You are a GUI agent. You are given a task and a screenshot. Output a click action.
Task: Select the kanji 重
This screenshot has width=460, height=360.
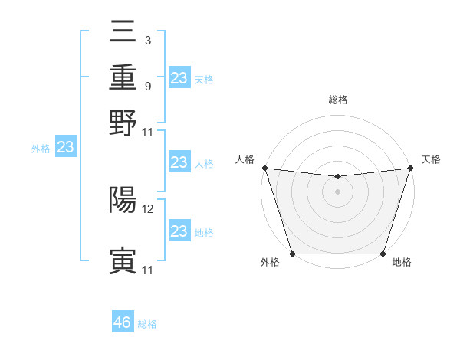[x=123, y=77]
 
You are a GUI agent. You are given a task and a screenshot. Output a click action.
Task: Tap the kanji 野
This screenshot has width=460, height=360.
[x=123, y=122]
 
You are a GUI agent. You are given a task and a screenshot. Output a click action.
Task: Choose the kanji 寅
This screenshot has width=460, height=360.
[x=123, y=261]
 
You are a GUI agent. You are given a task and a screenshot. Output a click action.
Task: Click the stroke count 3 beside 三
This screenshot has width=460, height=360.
[x=147, y=41]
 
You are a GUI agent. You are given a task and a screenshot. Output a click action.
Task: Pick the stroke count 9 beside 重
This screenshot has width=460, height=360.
[x=147, y=86]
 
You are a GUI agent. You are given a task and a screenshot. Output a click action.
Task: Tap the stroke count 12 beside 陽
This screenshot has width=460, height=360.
[x=149, y=208]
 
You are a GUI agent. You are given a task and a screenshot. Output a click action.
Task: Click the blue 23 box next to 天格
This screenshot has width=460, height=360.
[x=179, y=78]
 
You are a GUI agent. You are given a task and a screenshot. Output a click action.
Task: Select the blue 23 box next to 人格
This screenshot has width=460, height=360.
[x=179, y=162]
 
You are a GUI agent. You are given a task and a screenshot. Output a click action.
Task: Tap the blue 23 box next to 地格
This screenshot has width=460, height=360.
[x=179, y=231]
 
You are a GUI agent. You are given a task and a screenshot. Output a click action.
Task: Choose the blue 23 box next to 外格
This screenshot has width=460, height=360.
[x=65, y=148]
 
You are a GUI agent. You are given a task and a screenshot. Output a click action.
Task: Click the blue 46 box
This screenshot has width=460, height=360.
[x=123, y=322]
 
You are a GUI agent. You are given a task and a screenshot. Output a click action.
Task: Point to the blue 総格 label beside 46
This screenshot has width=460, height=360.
[x=147, y=324]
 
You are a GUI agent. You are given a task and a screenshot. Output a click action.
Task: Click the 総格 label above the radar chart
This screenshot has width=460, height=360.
[x=337, y=100]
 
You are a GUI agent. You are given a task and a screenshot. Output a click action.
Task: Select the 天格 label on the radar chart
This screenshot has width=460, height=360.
[x=431, y=159]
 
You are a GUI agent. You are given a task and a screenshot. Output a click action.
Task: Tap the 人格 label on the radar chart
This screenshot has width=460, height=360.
[x=245, y=159]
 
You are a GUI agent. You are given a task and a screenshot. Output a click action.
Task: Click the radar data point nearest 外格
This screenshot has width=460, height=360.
[x=292, y=254]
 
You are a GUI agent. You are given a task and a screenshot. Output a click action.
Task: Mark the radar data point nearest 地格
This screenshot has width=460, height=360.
[x=383, y=254]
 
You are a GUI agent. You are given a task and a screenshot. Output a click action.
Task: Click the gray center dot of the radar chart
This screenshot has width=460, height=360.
[x=337, y=191]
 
